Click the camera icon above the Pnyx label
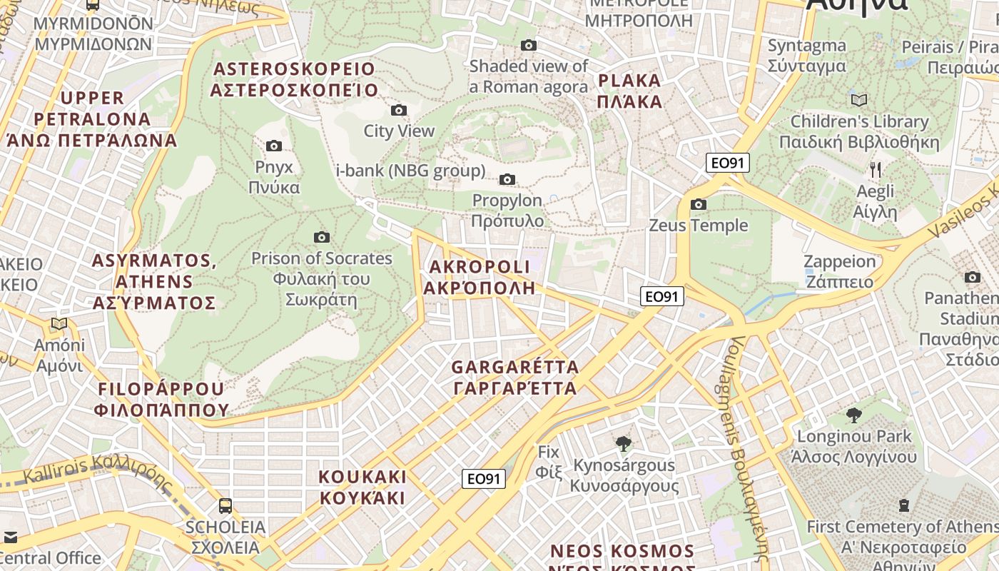click(x=273, y=146)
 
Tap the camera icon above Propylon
click(x=507, y=179)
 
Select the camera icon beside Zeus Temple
click(x=699, y=205)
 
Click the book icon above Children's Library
click(x=859, y=100)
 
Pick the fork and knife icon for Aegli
click(x=876, y=170)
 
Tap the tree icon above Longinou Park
click(x=853, y=415)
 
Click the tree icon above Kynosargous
click(x=624, y=444)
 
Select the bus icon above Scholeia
click(x=225, y=506)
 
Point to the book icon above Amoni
click(x=59, y=324)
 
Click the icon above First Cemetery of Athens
click(x=904, y=505)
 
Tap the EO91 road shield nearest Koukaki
click(x=484, y=478)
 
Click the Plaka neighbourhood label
click(x=630, y=91)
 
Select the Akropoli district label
click(x=479, y=278)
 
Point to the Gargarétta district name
click(x=514, y=378)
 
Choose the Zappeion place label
click(x=839, y=271)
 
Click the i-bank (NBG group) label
click(x=410, y=171)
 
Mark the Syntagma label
click(x=806, y=56)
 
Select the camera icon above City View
click(x=399, y=110)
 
